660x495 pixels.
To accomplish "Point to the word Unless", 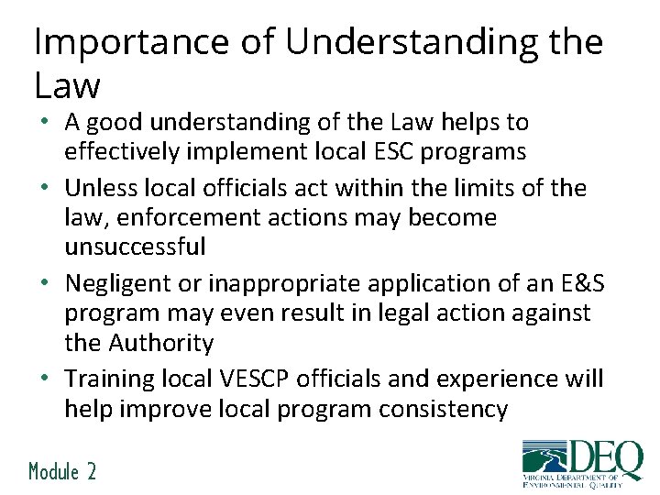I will [x=100, y=188].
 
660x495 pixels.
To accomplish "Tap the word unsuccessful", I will [x=135, y=247].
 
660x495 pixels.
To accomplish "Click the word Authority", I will [x=161, y=343].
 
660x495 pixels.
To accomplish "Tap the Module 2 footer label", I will [x=62, y=472].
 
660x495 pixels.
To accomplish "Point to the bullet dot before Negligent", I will [x=45, y=283].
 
